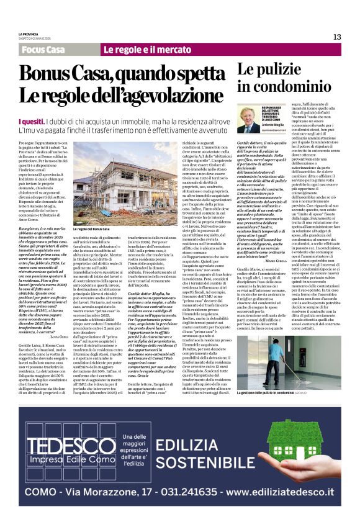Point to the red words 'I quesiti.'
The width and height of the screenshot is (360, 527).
32,122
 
